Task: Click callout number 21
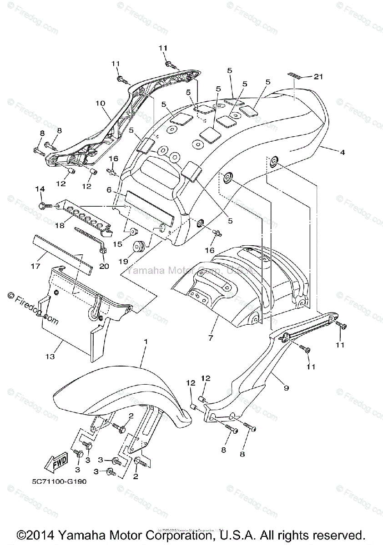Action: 317,77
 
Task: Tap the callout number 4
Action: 342,153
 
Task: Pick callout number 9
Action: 287,388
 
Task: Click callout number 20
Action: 104,266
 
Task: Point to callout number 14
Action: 40,189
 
